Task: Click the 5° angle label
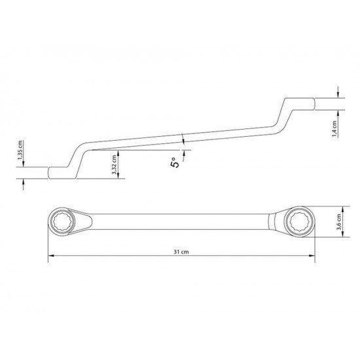pos(175,164)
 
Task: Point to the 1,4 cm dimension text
pos(334,126)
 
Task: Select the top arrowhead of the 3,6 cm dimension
pos(338,206)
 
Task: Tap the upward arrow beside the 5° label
pos(184,153)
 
